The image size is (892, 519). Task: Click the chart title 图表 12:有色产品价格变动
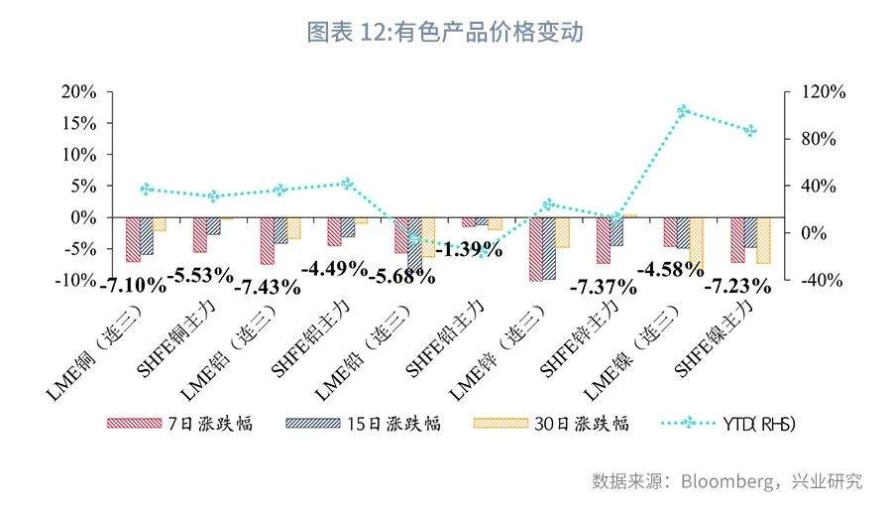(445, 33)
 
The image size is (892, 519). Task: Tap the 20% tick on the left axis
(78, 92)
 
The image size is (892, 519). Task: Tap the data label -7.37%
(603, 288)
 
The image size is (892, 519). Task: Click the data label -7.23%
(736, 287)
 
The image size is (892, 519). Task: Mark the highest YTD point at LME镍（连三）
(683, 111)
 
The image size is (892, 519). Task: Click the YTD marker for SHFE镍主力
(750, 130)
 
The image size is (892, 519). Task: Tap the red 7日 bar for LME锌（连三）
(535, 248)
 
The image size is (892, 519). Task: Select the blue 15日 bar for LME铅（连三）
(414, 241)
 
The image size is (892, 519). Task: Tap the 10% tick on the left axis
(78, 155)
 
